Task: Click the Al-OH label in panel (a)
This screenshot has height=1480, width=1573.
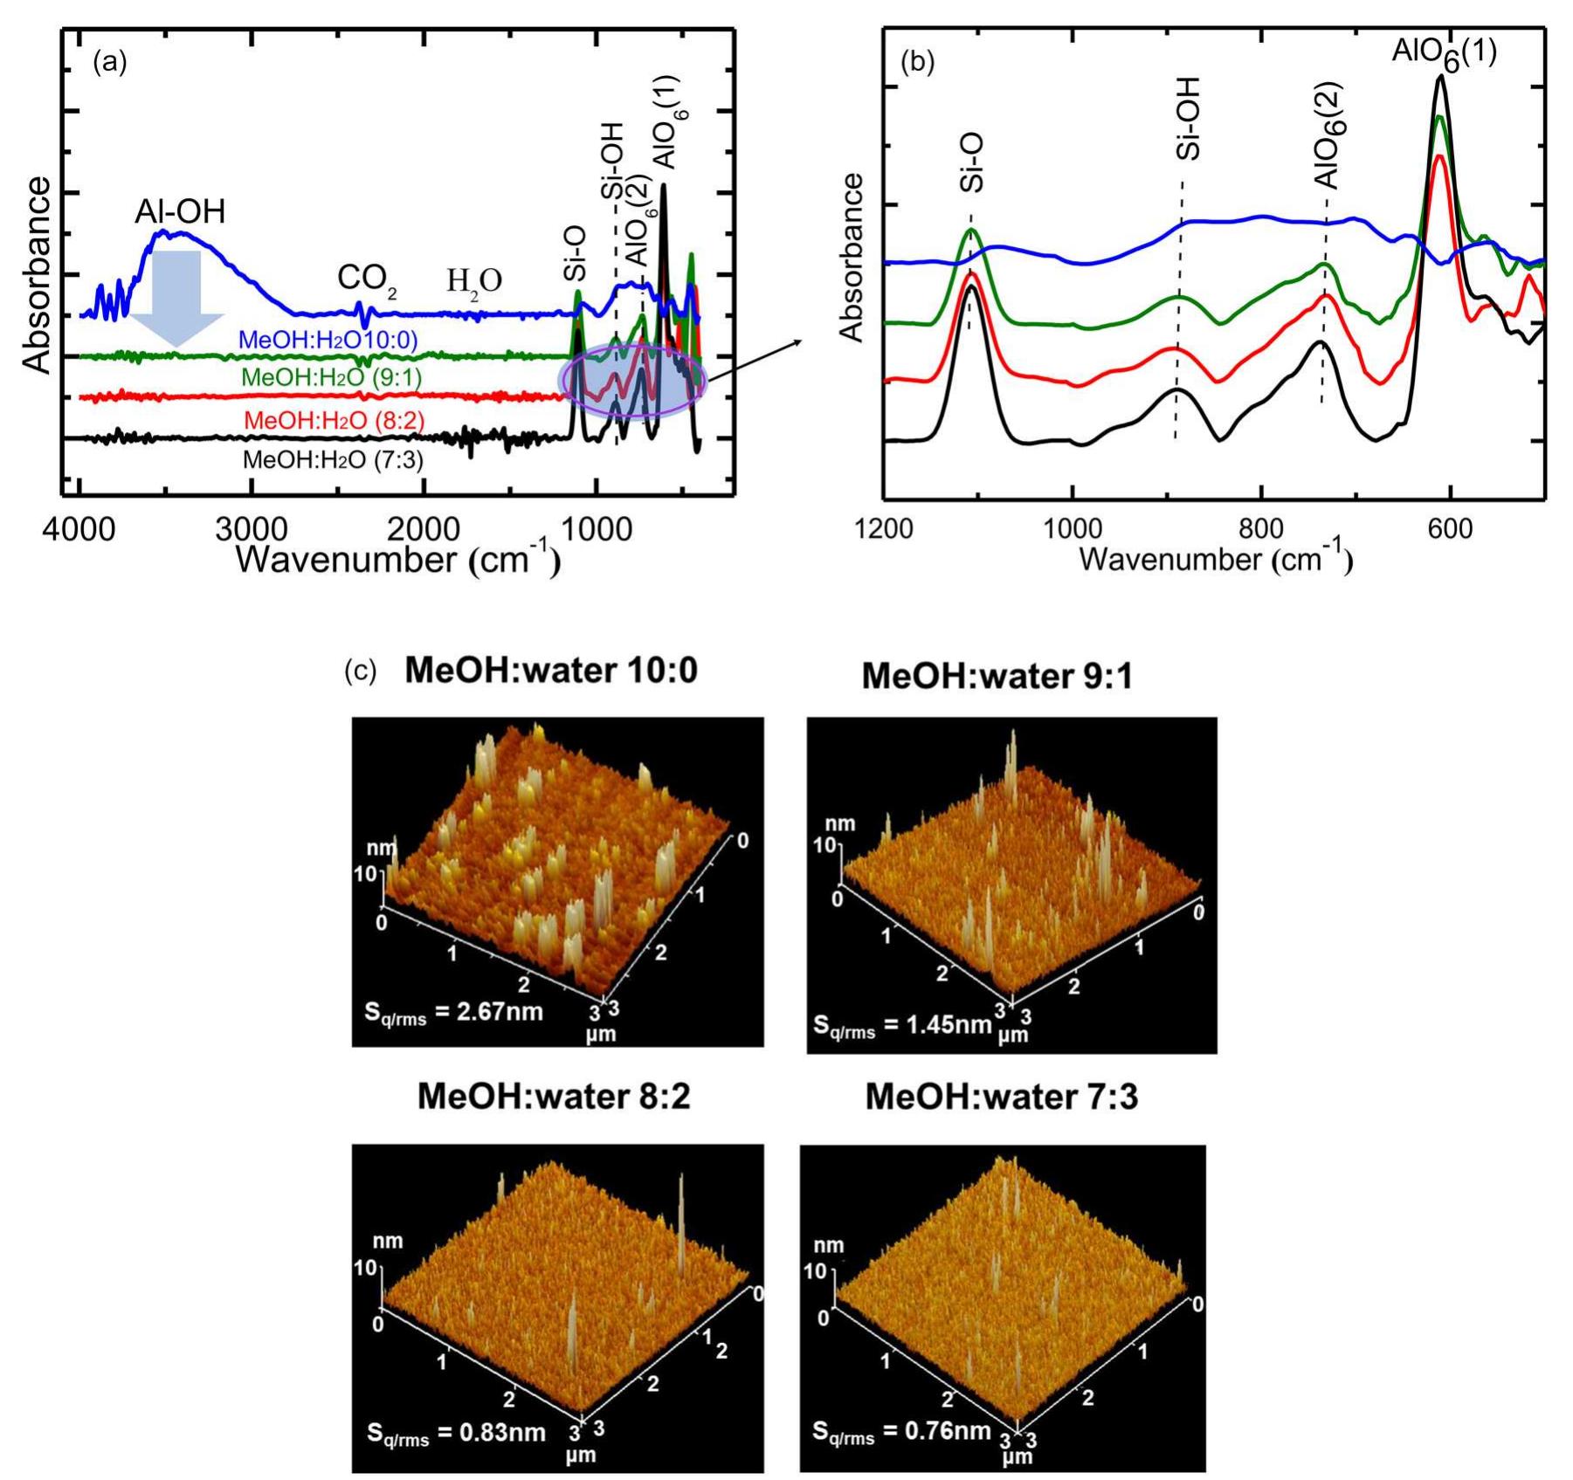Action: [180, 211]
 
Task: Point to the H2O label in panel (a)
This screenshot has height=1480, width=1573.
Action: [474, 281]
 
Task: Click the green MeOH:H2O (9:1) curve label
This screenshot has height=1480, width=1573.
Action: [331, 378]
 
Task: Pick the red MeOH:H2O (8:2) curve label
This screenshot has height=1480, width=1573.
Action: [334, 420]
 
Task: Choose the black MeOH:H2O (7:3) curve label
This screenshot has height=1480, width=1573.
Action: [333, 460]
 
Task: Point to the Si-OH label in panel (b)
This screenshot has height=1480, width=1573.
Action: [1188, 119]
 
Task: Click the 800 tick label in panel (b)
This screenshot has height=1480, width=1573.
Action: [1261, 529]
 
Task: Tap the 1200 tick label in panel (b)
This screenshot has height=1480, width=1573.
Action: [883, 529]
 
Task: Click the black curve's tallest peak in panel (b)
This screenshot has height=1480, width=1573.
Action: [1439, 79]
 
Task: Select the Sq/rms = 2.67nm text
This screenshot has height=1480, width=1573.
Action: [452, 1013]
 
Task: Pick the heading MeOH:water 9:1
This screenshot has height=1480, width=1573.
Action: [997, 677]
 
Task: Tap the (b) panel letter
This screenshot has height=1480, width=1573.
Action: [917, 62]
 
